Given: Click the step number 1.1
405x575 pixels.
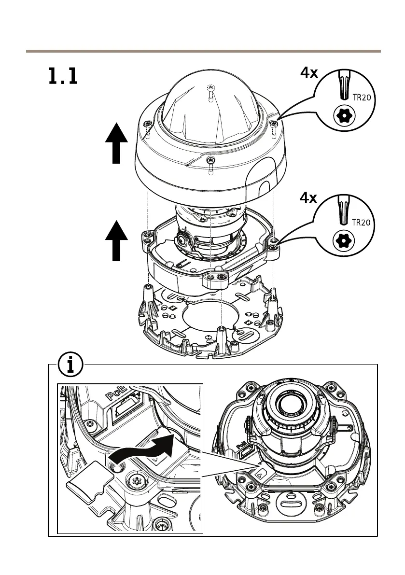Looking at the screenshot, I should click(62, 77).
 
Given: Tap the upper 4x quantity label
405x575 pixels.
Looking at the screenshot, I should click(309, 73).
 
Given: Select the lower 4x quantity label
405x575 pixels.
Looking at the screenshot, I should click(309, 198).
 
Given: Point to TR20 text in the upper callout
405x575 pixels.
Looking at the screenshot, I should click(362, 97).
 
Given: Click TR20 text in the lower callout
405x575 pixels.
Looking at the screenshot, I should click(362, 223).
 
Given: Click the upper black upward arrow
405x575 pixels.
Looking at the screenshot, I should click(116, 143).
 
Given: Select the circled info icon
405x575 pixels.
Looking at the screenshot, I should click(70, 366).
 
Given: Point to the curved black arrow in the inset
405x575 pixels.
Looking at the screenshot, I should click(145, 448).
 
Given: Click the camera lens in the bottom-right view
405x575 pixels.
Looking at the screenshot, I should click(290, 406).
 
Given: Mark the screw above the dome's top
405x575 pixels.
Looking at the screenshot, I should click(210, 88).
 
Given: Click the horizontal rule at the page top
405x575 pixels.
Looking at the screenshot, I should click(203, 51).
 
